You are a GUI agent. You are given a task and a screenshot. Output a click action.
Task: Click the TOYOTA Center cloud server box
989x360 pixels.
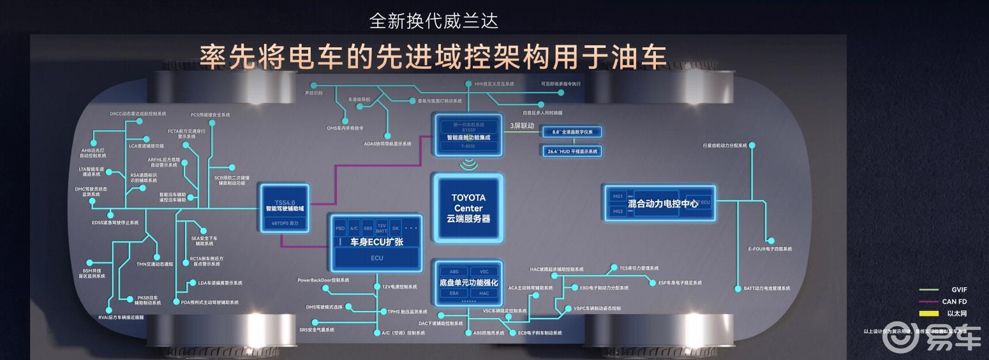tap(468, 208)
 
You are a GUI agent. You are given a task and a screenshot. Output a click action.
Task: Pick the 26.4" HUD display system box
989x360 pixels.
tap(572, 152)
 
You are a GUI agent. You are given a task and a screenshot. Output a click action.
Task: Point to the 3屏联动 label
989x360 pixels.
tap(522, 125)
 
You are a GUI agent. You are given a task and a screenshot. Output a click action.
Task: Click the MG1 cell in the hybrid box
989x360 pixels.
tap(617, 196)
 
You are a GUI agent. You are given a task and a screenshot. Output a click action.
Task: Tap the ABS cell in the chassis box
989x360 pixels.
tap(454, 271)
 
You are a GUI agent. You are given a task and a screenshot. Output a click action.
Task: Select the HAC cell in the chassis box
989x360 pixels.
tap(484, 293)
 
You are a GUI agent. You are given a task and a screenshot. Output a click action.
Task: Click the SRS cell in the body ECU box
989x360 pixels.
tap(368, 228)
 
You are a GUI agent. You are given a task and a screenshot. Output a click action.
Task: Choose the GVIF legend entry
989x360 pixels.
tap(959, 290)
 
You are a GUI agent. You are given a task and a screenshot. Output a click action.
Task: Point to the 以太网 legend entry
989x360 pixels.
tap(956, 313)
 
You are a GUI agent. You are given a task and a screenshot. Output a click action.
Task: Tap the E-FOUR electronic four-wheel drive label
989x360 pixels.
tap(770, 249)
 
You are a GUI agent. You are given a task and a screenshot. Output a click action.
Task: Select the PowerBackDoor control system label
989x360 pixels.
tap(323, 280)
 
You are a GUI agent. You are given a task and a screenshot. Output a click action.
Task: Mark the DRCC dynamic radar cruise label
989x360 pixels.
tap(138, 114)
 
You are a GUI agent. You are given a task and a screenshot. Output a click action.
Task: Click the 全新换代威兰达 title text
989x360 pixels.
tap(434, 20)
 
